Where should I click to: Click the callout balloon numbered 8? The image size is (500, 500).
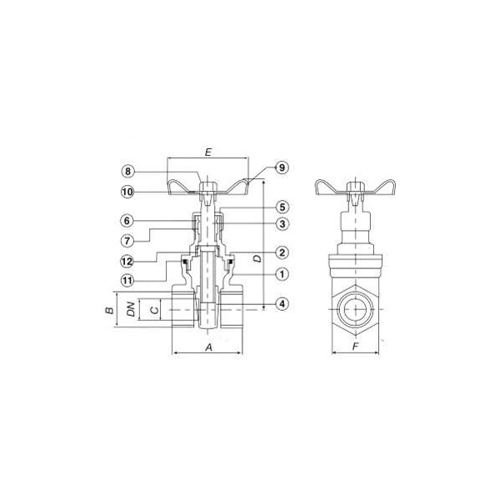[x=127, y=172]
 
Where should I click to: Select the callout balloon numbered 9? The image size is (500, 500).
[x=282, y=167]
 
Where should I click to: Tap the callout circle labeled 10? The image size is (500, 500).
[x=127, y=192]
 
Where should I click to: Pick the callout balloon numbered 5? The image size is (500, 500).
[x=282, y=207]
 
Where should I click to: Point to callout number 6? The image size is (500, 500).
[x=127, y=221]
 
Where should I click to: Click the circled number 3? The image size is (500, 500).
[x=282, y=224]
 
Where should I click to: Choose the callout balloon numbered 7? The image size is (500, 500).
[x=127, y=241]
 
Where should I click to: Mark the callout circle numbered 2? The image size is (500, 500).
[x=282, y=253]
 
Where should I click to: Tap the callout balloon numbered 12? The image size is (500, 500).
[x=127, y=262]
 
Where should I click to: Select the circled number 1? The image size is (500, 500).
[x=282, y=274]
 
